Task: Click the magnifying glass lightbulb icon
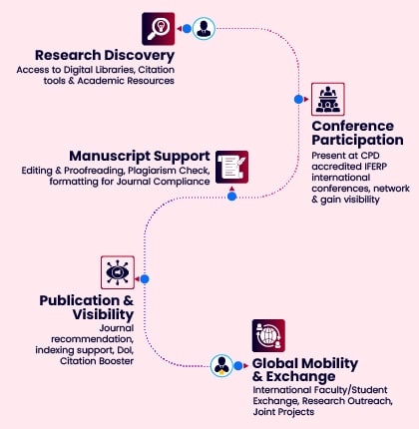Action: coord(159,29)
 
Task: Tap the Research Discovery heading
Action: coord(105,56)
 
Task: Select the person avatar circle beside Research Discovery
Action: coord(204,29)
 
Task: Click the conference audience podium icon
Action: coord(328,99)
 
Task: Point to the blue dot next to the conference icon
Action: coord(298,99)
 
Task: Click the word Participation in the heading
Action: coord(358,141)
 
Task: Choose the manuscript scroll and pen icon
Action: coord(231,167)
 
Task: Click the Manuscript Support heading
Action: coord(140,157)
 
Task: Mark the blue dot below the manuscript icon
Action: coord(232,197)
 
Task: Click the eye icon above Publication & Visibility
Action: coord(118,272)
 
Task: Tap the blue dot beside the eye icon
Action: coord(145,279)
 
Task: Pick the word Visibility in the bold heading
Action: coord(103,314)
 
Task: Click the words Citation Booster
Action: coord(97,361)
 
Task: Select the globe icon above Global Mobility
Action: coord(268,336)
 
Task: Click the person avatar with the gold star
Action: coord(221,366)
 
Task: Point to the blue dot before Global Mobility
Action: coord(238,366)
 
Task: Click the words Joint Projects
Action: coord(283,412)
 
